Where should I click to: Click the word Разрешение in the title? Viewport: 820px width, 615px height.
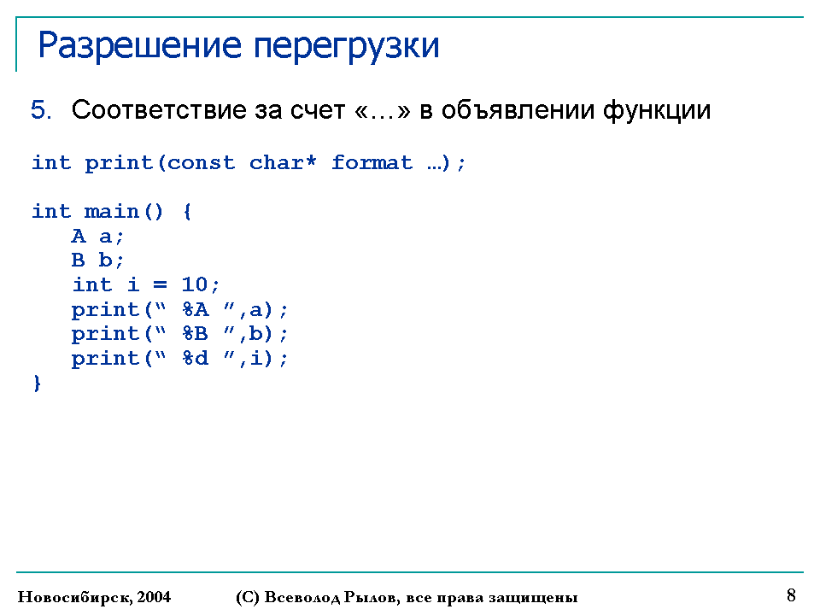(x=139, y=46)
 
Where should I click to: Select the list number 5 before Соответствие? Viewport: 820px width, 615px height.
(x=41, y=110)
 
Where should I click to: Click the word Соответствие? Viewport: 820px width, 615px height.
(x=159, y=110)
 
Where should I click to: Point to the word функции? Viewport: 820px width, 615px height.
(x=657, y=111)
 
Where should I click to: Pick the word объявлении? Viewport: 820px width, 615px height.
(x=518, y=110)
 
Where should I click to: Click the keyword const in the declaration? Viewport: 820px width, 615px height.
(x=202, y=162)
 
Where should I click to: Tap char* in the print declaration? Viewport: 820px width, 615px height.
(x=283, y=162)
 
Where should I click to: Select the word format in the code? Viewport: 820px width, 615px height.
(x=372, y=162)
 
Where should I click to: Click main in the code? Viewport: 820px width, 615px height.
(x=111, y=211)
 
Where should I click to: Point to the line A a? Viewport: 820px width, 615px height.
(x=97, y=237)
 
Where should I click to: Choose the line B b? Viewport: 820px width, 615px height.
(x=97, y=260)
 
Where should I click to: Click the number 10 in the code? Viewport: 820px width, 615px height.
(x=195, y=284)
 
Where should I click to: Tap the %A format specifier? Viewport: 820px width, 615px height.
(x=196, y=309)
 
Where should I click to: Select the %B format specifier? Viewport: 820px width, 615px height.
(x=196, y=334)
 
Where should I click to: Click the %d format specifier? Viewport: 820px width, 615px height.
(x=196, y=358)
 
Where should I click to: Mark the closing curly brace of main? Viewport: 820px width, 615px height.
(x=37, y=384)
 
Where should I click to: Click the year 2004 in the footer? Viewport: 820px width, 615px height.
(x=154, y=597)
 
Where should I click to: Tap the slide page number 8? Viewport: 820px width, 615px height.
(x=791, y=595)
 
